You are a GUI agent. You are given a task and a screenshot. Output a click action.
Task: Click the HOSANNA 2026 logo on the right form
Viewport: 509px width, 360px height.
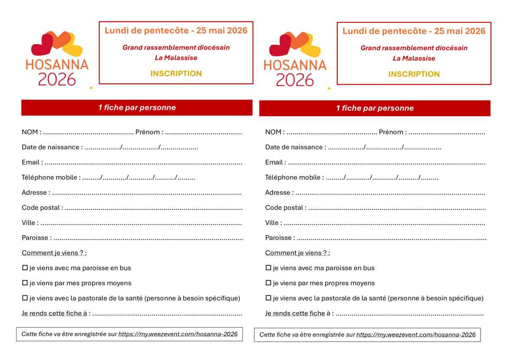pyautogui.click(x=295, y=59)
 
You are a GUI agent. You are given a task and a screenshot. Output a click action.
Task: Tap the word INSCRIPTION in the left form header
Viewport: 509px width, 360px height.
pyautogui.click(x=176, y=73)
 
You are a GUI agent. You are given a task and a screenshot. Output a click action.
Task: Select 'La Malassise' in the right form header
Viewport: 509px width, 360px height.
pyautogui.click(x=414, y=59)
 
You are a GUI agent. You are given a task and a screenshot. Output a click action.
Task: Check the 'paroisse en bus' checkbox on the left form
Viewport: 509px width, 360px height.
pyautogui.click(x=25, y=268)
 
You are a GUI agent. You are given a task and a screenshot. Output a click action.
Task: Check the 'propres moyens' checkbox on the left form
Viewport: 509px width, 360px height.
pyautogui.click(x=25, y=283)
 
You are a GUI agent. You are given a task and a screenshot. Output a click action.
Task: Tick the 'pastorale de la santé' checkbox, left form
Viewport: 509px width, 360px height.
pyautogui.click(x=25, y=298)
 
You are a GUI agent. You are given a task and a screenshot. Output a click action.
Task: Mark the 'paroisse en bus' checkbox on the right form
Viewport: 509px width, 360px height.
pyautogui.click(x=268, y=268)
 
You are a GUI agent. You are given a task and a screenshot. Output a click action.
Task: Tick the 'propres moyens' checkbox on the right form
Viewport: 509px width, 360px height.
pyautogui.click(x=268, y=283)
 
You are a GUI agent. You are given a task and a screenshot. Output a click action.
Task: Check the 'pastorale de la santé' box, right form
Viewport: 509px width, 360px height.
pyautogui.click(x=268, y=298)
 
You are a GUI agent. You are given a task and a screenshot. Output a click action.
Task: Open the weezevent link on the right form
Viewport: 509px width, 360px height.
pyautogui.click(x=416, y=335)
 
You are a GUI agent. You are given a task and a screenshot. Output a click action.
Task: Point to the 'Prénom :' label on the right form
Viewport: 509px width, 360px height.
pyautogui.click(x=392, y=132)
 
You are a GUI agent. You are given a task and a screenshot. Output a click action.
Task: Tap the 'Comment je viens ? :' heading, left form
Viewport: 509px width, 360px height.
pyautogui.click(x=54, y=253)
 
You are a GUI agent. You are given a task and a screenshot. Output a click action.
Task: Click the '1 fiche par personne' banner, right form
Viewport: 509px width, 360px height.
pyautogui.click(x=375, y=108)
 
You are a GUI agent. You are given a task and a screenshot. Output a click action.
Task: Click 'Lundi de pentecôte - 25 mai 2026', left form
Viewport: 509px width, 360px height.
pyautogui.click(x=176, y=31)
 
